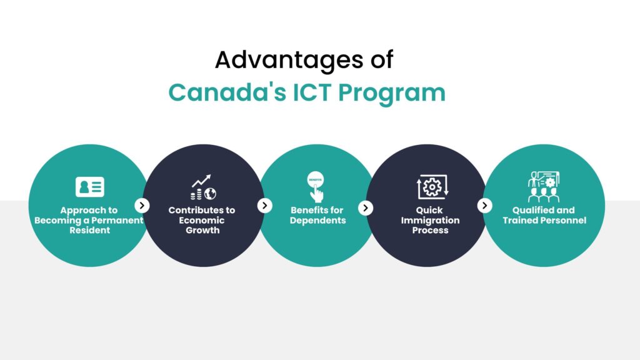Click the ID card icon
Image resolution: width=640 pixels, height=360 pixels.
pos(89,187)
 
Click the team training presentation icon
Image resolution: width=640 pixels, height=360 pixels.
pos(543,186)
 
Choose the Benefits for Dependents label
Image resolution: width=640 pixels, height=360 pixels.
pos(317,215)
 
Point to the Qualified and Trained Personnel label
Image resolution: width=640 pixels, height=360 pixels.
pos(544,215)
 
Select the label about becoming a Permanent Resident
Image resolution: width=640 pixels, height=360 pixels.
pos(89,220)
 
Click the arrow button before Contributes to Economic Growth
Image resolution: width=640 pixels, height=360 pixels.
pos(142,205)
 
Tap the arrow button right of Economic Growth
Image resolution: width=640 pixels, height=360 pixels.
pos(265,205)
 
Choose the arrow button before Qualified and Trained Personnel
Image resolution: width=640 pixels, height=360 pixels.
pos(484,205)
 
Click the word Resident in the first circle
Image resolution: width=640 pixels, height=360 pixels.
pos(89,230)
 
